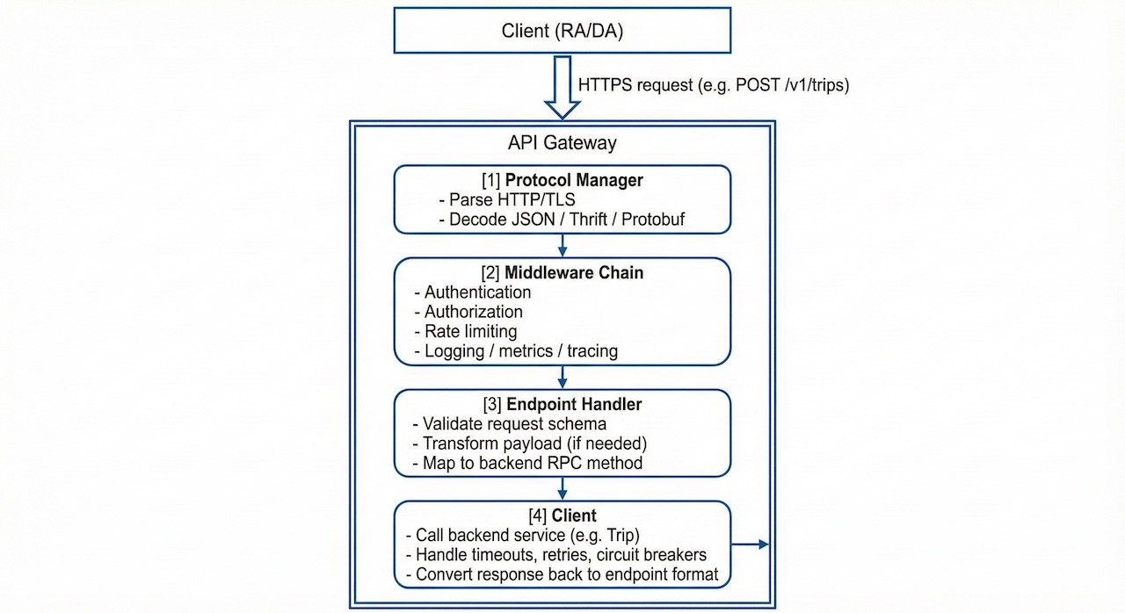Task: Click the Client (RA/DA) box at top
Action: pos(562,32)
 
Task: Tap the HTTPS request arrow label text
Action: pos(713,85)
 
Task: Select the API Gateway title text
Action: pos(562,142)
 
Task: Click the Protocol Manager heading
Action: pos(562,181)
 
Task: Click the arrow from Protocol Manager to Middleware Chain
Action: pos(562,245)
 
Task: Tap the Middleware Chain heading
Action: pos(562,273)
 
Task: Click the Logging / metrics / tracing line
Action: pos(516,351)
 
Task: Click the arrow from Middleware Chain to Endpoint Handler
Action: pos(562,377)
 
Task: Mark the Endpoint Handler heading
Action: pos(562,405)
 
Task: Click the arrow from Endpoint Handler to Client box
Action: pos(562,487)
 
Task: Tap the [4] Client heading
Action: pos(562,516)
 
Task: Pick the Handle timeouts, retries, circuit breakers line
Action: pos(555,555)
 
